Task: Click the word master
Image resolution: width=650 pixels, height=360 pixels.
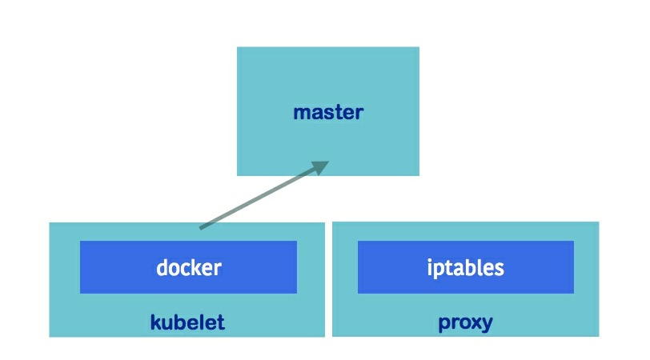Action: pos(327,112)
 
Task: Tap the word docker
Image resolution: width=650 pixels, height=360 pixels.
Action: pos(188,267)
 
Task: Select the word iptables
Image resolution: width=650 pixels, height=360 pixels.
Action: pos(465,267)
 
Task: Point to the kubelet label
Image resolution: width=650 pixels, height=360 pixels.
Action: pos(187,322)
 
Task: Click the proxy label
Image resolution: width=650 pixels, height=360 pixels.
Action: pos(465,323)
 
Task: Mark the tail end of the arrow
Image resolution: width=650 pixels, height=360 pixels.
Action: pos(201,228)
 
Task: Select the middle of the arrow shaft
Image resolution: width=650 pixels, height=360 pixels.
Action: pos(260,198)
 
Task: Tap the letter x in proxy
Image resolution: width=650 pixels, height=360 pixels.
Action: pos(475,323)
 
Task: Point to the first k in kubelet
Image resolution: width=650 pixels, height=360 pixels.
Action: pos(155,322)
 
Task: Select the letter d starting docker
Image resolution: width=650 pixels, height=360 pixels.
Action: pos(162,267)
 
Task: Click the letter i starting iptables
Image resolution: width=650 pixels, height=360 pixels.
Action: pos(430,267)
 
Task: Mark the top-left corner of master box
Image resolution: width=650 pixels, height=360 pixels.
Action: pos(238,47)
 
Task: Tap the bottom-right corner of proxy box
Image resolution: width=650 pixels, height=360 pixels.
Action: pos(598,335)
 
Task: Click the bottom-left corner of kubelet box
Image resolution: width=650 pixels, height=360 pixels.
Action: pos(50,336)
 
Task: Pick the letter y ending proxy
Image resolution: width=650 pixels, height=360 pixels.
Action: pos(487,325)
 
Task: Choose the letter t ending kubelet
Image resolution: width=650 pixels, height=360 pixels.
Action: pos(220,322)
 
